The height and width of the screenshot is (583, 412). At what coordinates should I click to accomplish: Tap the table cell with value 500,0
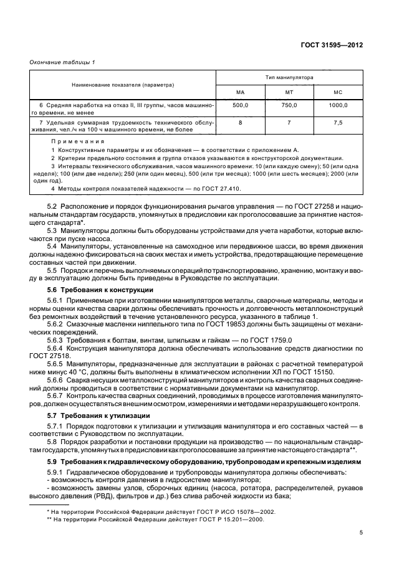pyautogui.click(x=240, y=106)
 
